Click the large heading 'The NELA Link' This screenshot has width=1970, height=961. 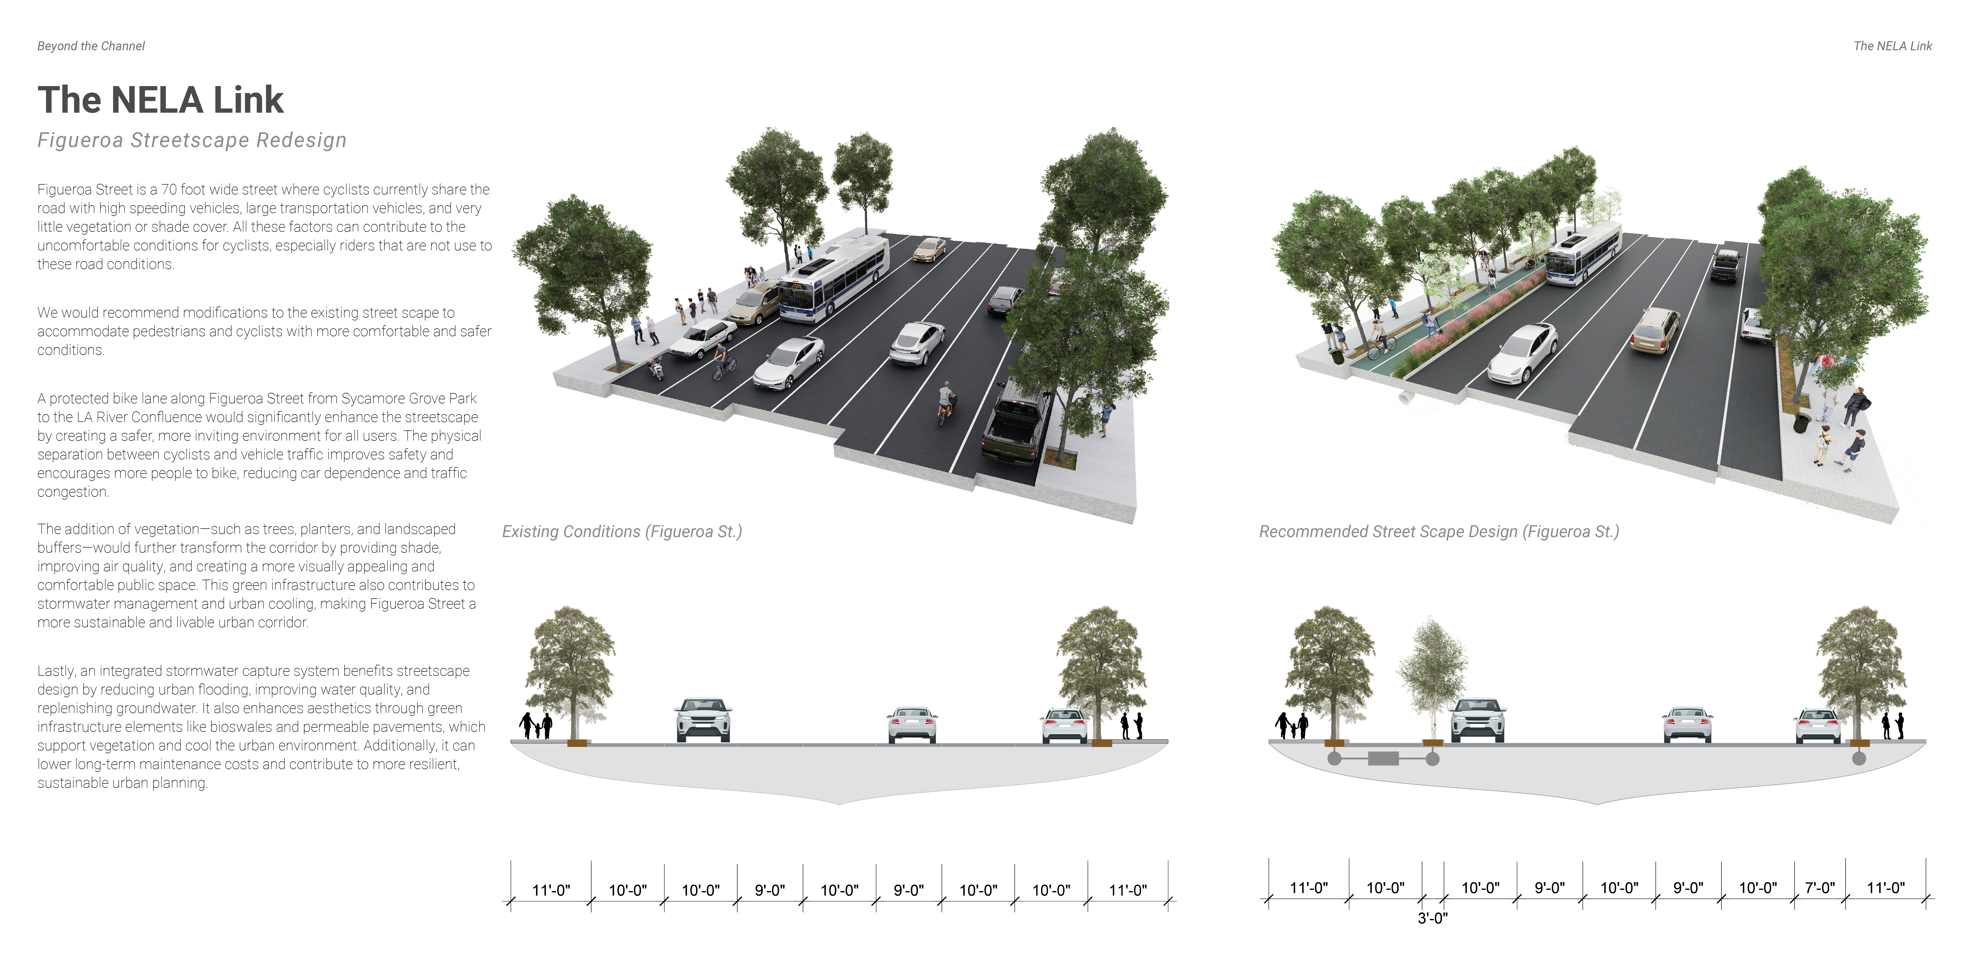pos(160,100)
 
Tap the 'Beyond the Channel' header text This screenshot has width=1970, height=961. pos(91,46)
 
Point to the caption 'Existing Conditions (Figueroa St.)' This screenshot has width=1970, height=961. pos(622,531)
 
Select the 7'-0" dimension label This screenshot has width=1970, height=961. pos(1819,888)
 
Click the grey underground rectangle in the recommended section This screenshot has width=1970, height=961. pos(1383,759)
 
